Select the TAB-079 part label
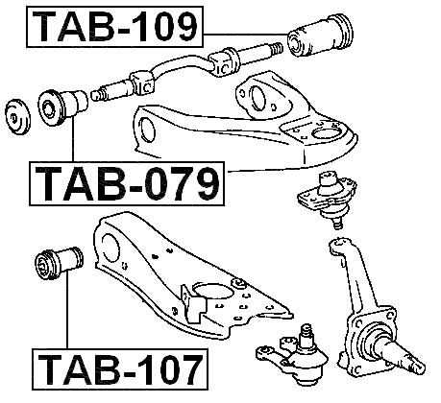[124, 182]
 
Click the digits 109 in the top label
[160, 28]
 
